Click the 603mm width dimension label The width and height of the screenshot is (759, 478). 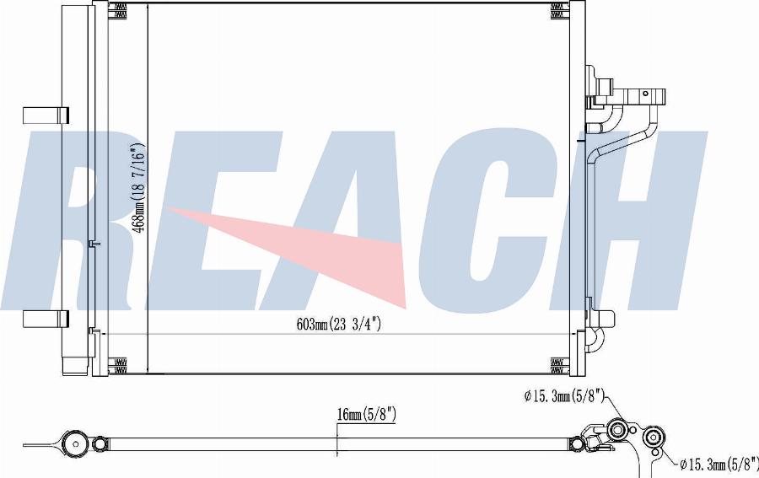tap(338, 325)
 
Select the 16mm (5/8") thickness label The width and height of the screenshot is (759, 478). tap(367, 414)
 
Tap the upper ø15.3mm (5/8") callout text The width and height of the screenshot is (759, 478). tap(564, 396)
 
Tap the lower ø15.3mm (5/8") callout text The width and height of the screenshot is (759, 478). tap(719, 465)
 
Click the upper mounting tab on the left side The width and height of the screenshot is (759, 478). tap(46, 115)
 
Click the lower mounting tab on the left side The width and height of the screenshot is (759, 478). tap(46, 319)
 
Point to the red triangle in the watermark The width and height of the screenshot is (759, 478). tap(286, 251)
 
